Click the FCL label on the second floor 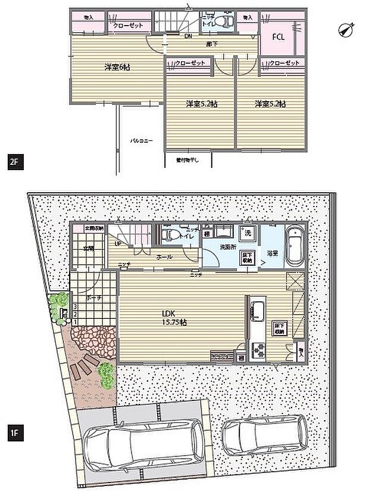click(x=279, y=37)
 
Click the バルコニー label click(x=142, y=141)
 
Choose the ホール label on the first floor click(x=165, y=256)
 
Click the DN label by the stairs click(x=187, y=38)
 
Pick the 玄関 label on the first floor click(x=89, y=248)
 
